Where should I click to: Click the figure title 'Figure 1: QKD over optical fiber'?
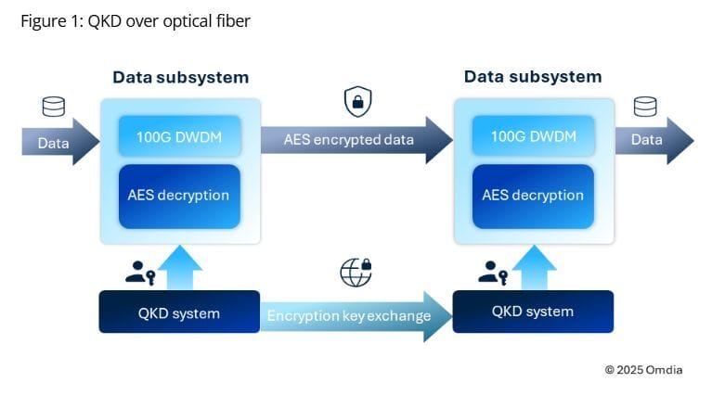pos(136,21)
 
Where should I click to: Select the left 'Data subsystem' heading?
pos(180,77)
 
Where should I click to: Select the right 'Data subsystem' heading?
pos(533,77)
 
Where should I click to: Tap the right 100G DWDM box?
pos(533,136)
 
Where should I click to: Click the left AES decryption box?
pos(179,196)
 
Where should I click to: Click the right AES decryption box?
pos(533,196)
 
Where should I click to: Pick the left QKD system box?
pos(179,312)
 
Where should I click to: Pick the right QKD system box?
pos(533,312)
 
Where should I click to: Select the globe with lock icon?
pos(356,272)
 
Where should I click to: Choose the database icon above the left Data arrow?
pos(54,107)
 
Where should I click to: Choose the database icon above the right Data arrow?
pos(645,107)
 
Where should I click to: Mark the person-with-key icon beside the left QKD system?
pos(139,273)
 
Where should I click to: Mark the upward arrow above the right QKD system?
pos(533,268)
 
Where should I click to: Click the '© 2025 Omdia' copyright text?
pos(643,369)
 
